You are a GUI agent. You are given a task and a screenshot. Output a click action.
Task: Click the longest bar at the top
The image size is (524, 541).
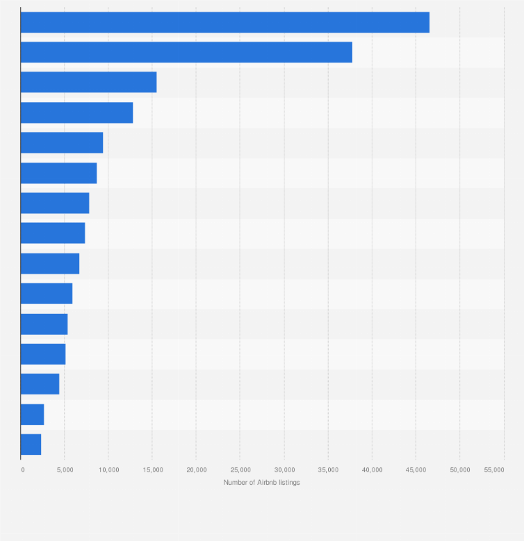coord(224,22)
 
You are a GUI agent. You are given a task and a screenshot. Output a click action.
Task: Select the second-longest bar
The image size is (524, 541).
coord(186,52)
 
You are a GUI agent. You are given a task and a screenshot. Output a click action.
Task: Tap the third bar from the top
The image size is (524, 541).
coord(88,82)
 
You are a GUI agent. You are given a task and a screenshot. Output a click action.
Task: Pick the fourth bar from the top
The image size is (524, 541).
coord(76,113)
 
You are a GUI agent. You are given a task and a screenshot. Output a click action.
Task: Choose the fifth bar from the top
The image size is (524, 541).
coord(62,142)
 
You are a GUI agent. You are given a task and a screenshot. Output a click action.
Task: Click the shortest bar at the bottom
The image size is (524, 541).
coord(31,444)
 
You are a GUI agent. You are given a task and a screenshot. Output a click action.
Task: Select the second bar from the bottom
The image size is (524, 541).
coord(32,415)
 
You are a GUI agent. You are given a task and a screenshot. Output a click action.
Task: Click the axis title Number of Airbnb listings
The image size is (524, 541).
coord(261,482)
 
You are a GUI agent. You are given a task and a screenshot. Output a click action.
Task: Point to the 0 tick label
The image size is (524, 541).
coord(22,470)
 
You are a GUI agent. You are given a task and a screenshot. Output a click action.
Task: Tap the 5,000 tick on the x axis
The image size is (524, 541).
coord(65,470)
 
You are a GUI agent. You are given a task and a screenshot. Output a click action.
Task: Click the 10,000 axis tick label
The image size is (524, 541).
coord(108,470)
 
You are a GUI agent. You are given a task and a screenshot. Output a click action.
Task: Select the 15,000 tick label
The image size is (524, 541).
coord(152,470)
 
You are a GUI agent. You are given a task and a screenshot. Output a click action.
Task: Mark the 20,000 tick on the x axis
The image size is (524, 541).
coord(197,470)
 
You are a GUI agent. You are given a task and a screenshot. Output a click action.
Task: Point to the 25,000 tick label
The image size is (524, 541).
coord(240,470)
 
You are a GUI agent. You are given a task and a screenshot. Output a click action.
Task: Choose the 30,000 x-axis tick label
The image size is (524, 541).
coord(284,470)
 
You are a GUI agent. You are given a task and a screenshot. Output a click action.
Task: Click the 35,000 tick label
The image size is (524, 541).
coord(328,470)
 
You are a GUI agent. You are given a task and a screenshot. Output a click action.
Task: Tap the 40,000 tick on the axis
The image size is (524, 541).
coord(372,470)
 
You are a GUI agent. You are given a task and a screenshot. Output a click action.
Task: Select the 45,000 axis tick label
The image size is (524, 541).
coord(416,470)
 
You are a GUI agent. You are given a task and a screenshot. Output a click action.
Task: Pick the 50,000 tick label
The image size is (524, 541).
coord(459,470)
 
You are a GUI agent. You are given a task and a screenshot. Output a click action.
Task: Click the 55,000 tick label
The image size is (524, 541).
coord(494,470)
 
